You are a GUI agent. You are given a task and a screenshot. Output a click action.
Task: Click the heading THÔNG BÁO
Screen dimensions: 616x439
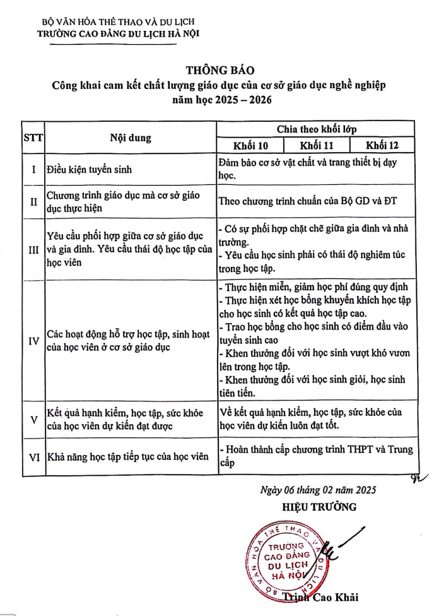(220, 70)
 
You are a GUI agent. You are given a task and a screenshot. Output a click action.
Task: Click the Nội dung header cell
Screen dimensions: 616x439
(131, 138)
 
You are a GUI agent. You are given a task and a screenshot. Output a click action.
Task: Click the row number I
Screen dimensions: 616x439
(32, 169)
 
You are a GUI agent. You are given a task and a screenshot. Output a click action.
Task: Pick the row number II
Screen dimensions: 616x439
(32, 202)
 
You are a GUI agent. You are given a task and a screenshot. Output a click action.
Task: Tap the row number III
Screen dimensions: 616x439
(32, 250)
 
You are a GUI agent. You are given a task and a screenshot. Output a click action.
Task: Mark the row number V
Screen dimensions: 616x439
(32, 419)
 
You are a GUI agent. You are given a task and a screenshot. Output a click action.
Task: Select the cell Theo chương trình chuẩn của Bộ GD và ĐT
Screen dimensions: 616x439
(310, 203)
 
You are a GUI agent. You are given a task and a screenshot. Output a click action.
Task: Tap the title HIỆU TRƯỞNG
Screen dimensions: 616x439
(319, 506)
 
